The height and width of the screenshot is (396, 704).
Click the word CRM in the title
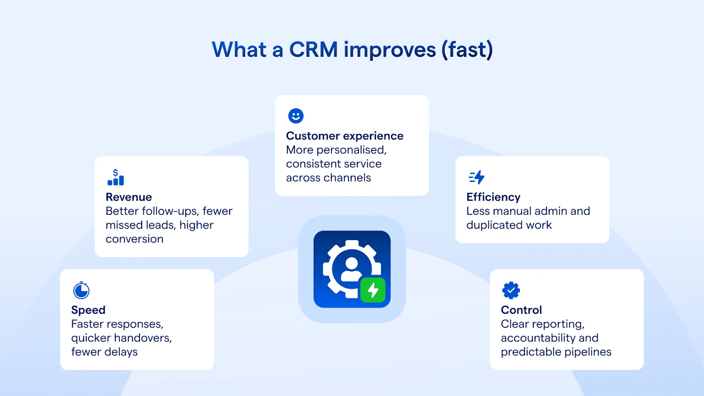[x=313, y=50]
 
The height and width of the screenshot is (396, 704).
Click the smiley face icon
[x=296, y=116]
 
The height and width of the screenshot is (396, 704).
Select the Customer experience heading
[x=345, y=136]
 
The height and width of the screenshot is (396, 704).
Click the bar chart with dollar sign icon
[x=116, y=177]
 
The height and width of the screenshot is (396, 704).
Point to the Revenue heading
[x=128, y=197]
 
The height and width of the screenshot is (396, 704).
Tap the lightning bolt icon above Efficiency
[x=477, y=177]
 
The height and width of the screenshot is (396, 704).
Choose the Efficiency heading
[x=493, y=197]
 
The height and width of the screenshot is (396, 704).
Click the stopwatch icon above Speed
[x=81, y=290]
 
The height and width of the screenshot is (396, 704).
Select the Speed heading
[x=88, y=310]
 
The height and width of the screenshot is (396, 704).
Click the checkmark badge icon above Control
[x=511, y=290]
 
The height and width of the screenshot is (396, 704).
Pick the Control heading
[x=521, y=310]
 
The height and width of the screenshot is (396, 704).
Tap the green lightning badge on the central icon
[x=373, y=290]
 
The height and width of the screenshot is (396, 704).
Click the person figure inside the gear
[x=351, y=269]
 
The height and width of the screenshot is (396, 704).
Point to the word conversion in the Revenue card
[x=134, y=239]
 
